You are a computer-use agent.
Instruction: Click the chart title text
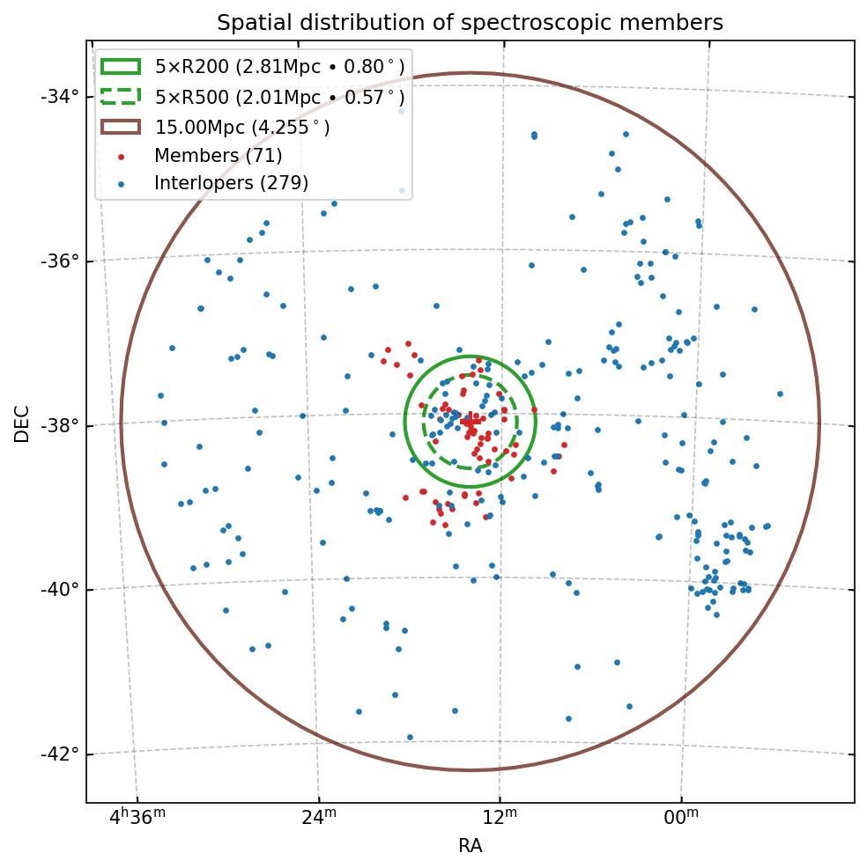[470, 23]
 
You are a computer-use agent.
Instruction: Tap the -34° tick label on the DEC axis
[59, 96]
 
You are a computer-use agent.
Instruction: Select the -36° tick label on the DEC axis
[59, 261]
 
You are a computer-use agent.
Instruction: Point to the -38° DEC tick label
[59, 425]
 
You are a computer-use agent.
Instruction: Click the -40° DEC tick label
[59, 590]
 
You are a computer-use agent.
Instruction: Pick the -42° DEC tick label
[59, 754]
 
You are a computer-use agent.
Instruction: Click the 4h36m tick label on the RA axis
[137, 818]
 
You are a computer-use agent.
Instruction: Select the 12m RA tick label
[500, 818]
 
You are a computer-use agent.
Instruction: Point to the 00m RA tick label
[681, 818]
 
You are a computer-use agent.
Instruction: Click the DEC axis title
[22, 423]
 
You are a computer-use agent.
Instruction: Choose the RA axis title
[470, 847]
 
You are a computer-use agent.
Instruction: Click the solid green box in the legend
[121, 67]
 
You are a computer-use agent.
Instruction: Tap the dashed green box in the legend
[121, 97]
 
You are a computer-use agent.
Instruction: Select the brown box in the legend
[121, 127]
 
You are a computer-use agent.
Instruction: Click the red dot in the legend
[121, 157]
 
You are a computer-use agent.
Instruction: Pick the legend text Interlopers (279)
[231, 183]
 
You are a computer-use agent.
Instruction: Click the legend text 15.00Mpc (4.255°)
[242, 127]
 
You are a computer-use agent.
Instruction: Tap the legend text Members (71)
[218, 156]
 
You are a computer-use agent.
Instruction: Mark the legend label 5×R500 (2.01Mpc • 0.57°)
[279, 97]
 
